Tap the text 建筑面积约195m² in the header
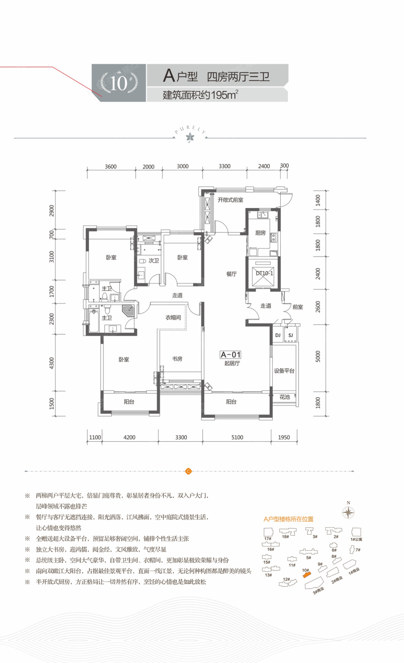(x=200, y=94)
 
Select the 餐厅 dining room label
(x=231, y=274)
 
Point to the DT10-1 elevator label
(x=264, y=273)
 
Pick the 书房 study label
(x=177, y=360)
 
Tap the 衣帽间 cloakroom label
(x=173, y=318)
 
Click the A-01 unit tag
(x=231, y=354)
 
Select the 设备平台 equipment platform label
(x=284, y=370)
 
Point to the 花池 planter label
(x=284, y=398)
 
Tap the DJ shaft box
(x=277, y=335)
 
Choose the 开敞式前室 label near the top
(x=230, y=200)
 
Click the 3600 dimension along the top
(x=111, y=167)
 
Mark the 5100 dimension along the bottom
(x=237, y=437)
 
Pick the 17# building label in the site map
(x=267, y=539)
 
